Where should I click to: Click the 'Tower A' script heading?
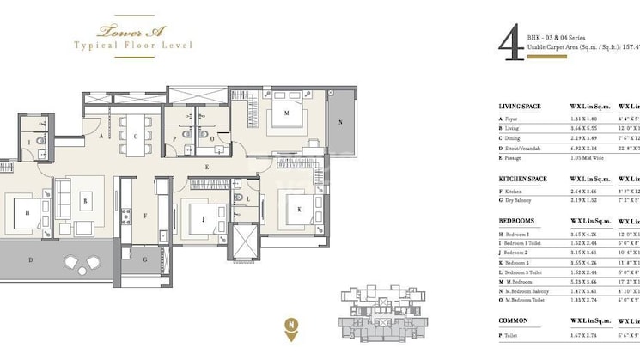click(121, 31)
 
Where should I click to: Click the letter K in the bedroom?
click(301, 209)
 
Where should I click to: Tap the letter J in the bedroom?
click(202, 220)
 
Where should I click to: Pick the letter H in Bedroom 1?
click(28, 212)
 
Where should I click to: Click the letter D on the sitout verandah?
click(30, 259)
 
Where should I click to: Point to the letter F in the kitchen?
click(147, 216)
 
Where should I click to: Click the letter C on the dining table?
click(135, 136)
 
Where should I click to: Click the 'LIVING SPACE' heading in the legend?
click(520, 107)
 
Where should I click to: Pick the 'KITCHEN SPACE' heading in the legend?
click(522, 179)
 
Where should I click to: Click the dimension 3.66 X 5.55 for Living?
click(588, 127)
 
